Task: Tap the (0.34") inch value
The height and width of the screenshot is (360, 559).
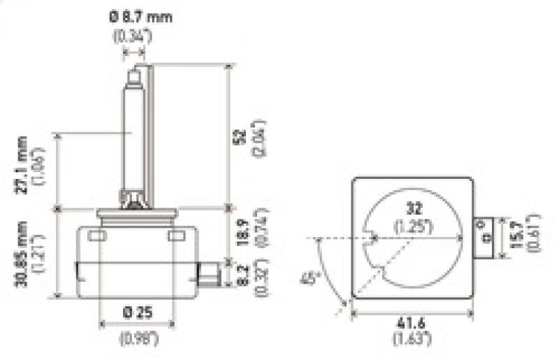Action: click(x=132, y=36)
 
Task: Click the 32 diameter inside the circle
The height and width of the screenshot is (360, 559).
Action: click(x=414, y=208)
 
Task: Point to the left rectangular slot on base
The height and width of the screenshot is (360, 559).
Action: click(x=97, y=236)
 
